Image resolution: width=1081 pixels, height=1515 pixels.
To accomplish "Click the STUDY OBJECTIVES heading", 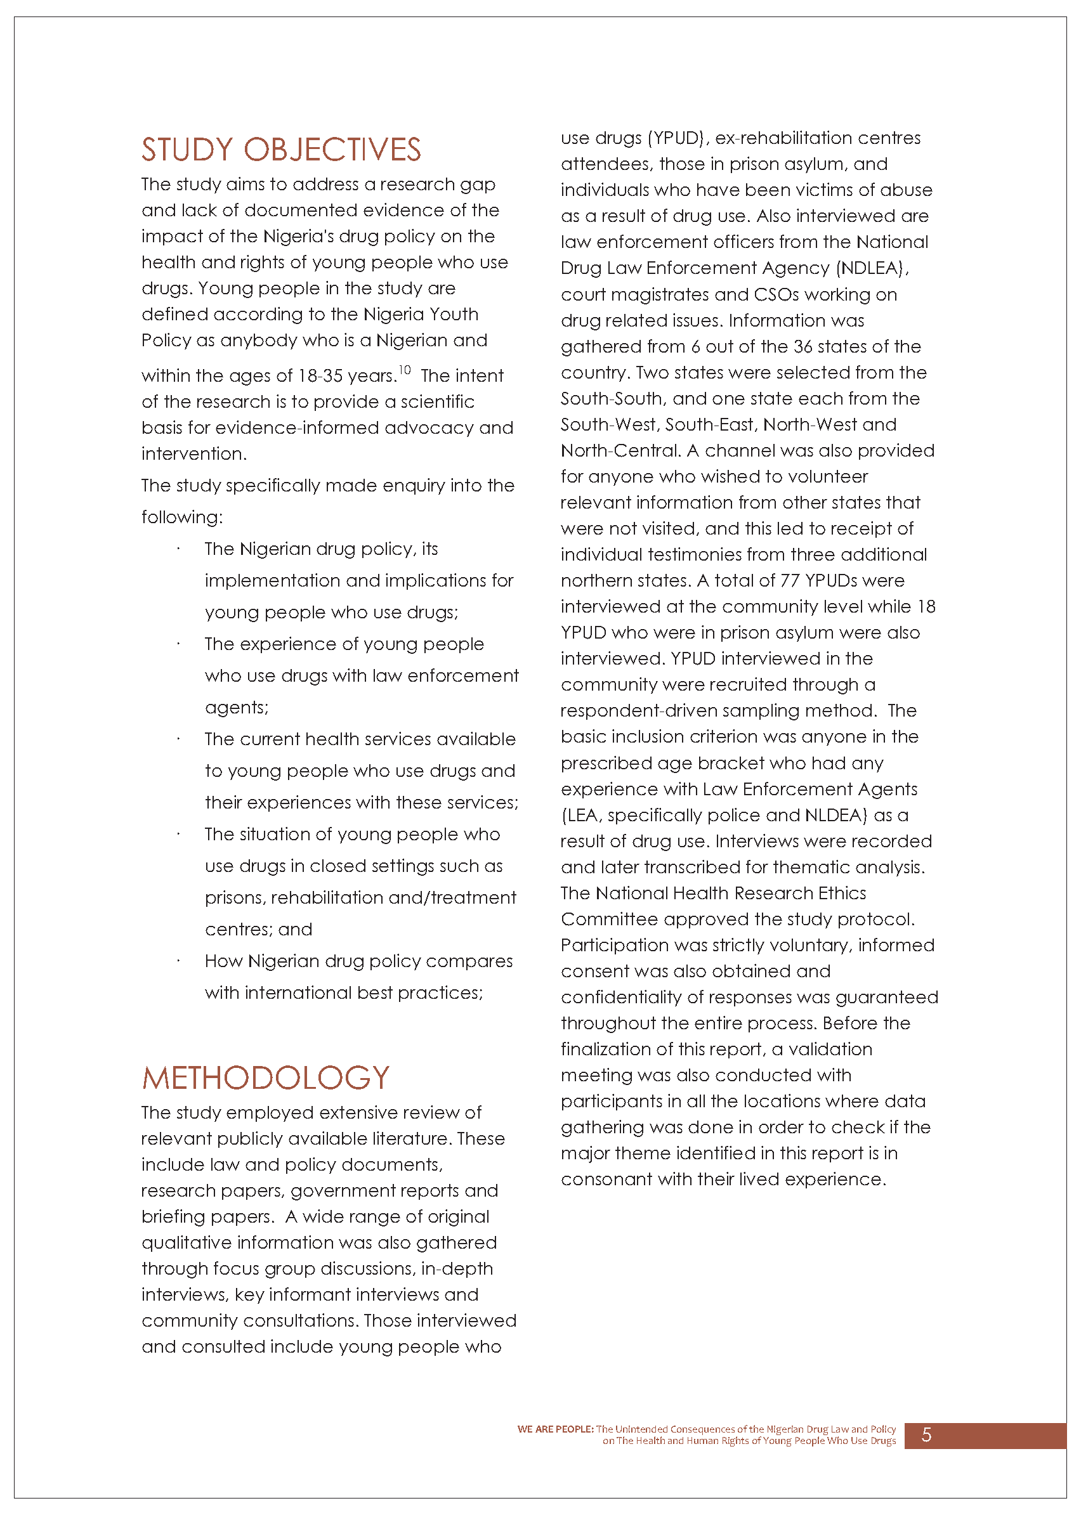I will [x=281, y=150].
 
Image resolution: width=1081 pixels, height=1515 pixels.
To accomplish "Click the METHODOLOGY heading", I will [x=266, y=1078].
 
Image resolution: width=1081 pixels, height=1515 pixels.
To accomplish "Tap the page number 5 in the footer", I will [x=926, y=1435].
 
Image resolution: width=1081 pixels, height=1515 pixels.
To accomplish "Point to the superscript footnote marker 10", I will [x=405, y=370].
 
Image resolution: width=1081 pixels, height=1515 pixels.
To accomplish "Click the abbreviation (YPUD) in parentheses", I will [x=676, y=138].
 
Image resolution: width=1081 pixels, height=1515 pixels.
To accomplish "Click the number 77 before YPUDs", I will [x=789, y=581].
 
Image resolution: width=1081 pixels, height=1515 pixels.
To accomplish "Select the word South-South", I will [x=612, y=398].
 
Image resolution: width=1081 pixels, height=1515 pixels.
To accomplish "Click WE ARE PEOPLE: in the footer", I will [x=555, y=1429].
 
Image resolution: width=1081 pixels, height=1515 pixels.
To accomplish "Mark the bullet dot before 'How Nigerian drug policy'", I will [x=178, y=961].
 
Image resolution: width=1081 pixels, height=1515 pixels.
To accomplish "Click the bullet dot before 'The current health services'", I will [x=178, y=739].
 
